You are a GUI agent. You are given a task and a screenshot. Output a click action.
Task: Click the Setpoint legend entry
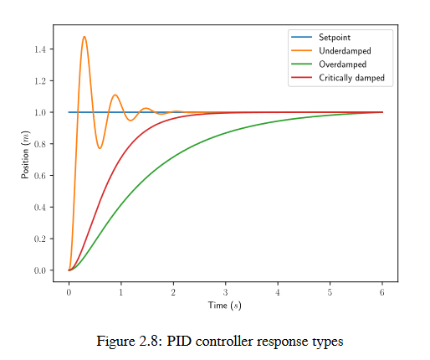333,38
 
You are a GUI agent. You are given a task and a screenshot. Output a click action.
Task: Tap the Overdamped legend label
342,64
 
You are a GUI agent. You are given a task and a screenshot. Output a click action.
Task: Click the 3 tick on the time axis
225,292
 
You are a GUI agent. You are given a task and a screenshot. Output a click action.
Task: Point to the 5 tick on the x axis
330,292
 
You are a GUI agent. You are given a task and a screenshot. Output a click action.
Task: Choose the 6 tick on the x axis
382,292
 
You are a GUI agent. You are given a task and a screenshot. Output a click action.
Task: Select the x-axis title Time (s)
224,306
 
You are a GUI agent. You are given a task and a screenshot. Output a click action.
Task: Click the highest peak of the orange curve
84,37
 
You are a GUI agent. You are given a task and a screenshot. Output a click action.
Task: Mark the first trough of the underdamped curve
100,148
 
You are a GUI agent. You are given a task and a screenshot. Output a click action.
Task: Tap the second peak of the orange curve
115,95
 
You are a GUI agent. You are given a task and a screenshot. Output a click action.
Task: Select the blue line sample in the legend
300,38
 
